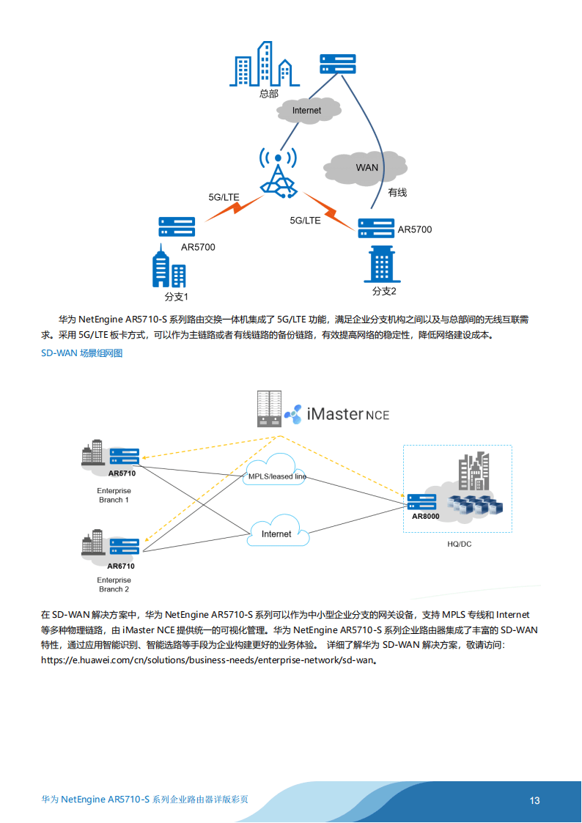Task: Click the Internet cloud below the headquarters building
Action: click(309, 110)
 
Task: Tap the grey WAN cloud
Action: click(366, 168)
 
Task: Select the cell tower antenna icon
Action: click(278, 174)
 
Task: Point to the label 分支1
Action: click(177, 297)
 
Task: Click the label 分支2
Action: click(383, 291)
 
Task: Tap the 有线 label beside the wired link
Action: click(397, 192)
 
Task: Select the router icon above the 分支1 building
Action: click(177, 226)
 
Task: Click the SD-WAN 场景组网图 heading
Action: click(81, 353)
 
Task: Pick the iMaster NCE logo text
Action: click(347, 414)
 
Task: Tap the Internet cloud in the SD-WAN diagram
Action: click(276, 534)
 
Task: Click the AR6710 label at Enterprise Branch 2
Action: click(121, 566)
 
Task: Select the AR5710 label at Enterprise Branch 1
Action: click(122, 473)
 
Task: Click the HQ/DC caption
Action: click(459, 545)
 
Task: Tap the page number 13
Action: click(534, 800)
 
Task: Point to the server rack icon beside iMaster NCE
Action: click(269, 408)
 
